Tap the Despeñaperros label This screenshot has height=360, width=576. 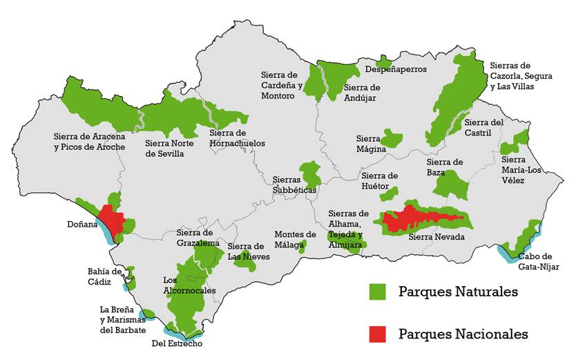396,69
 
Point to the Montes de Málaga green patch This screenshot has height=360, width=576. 302,247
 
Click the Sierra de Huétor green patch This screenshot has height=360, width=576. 389,193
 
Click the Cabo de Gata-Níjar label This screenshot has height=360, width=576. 539,262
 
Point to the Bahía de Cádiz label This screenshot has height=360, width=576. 104,276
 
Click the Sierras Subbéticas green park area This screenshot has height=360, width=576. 310,174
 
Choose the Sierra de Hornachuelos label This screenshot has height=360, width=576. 237,138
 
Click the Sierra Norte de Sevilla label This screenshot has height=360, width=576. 164,149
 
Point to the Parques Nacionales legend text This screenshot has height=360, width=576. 463,334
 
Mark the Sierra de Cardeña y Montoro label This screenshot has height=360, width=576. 282,85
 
